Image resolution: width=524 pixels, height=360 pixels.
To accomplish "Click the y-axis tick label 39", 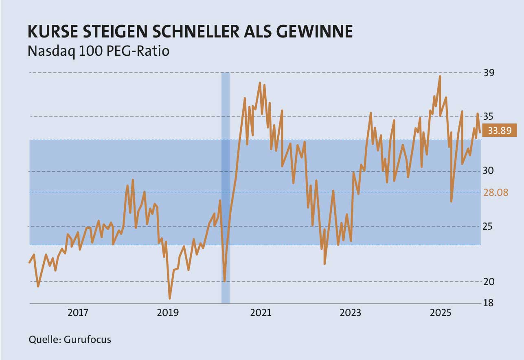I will tap(490, 73).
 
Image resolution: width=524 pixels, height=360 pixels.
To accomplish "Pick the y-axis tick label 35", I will tap(490, 117).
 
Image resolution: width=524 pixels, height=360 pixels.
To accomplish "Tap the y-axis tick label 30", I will tap(490, 171).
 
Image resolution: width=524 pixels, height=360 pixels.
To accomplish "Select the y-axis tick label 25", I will tap(490, 226).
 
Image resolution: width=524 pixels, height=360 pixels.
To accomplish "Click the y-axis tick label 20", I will tap(490, 281).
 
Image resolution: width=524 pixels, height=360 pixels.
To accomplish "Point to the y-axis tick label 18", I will tap(490, 303).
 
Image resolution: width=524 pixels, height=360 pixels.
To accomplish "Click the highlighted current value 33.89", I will tap(500, 131).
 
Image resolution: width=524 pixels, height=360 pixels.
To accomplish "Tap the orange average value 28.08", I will tap(496, 193).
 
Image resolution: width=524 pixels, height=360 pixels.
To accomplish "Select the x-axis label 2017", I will tap(78, 313).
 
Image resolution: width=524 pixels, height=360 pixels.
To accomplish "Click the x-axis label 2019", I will tap(168, 313).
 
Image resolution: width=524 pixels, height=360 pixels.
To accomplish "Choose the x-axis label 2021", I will tap(260, 313).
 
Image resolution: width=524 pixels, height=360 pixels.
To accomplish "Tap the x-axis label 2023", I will tap(351, 313).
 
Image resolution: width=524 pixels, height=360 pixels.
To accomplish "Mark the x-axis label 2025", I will tap(441, 313).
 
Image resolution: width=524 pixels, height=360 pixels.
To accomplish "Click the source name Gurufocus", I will tap(88, 340).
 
